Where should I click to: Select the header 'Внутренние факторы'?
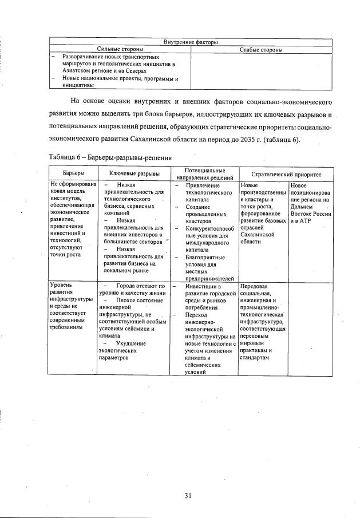(x=191, y=42)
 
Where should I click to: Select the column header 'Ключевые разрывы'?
(x=134, y=173)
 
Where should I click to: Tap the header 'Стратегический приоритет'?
(x=286, y=173)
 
